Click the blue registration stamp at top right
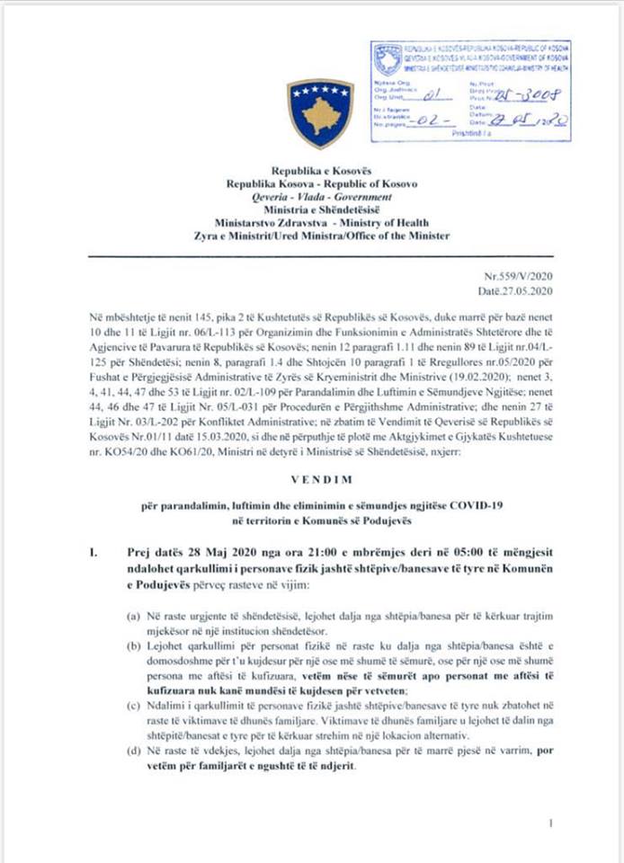tap(471, 90)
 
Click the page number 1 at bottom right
tap(549, 823)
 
